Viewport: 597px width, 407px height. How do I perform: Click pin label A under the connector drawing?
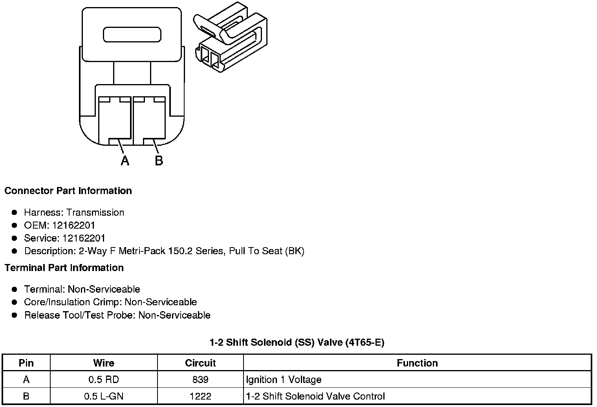tap(125, 161)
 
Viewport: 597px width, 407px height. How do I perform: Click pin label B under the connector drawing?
tap(159, 161)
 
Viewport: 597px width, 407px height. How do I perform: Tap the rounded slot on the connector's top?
tap(132, 35)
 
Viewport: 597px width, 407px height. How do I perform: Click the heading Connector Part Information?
tap(68, 191)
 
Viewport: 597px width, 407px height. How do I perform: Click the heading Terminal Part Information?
tap(64, 268)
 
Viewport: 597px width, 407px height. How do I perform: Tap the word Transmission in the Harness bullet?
tap(95, 213)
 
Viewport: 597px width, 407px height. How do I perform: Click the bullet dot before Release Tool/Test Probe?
tap(15, 315)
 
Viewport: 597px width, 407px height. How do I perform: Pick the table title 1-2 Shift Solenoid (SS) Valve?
tap(297, 343)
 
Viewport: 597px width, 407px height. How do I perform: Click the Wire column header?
tap(104, 363)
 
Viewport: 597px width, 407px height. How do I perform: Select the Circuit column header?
tap(200, 363)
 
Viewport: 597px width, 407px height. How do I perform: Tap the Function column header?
tap(417, 363)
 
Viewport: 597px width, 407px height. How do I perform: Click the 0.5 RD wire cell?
tap(104, 380)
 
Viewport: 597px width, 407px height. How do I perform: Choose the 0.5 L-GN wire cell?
tap(104, 396)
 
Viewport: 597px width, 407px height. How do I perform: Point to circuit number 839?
tap(200, 380)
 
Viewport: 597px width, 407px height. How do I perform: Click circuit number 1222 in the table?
tap(200, 396)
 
